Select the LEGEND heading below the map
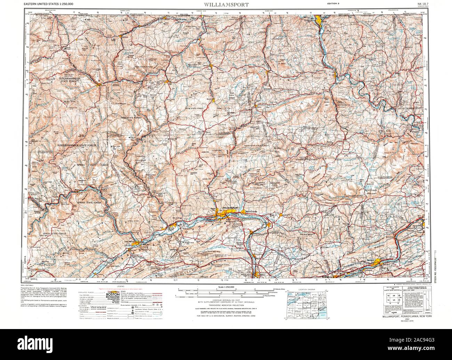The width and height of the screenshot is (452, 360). (121, 286)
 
